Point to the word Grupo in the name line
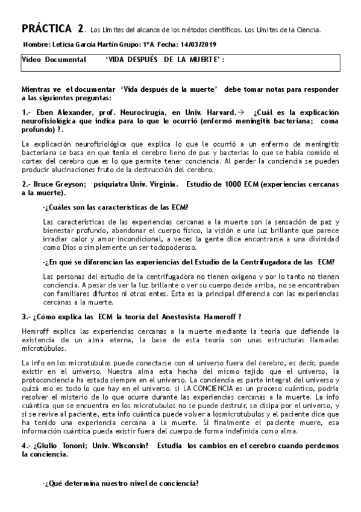click(131, 45)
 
